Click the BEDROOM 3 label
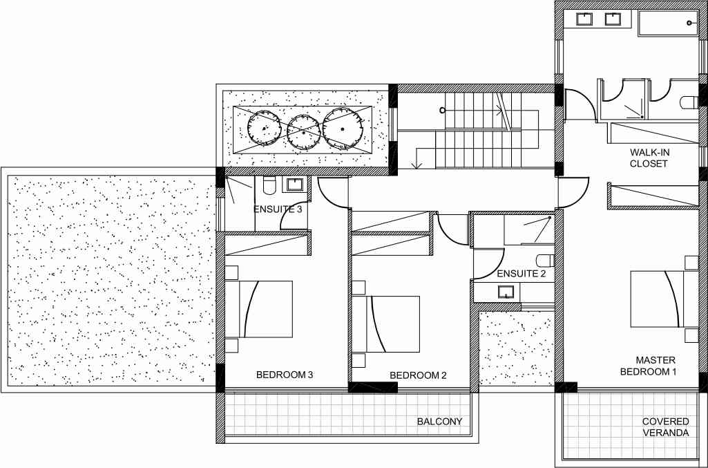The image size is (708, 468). click(x=285, y=375)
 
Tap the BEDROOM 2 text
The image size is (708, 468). click(x=418, y=375)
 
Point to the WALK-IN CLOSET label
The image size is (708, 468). click(x=649, y=158)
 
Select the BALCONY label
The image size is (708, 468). click(x=439, y=422)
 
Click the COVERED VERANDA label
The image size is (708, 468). click(x=666, y=427)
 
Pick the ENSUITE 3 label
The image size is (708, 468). click(x=277, y=209)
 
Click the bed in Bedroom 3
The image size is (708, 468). click(x=258, y=309)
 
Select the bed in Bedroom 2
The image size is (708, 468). click(x=385, y=324)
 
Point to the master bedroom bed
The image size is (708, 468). click(x=664, y=299)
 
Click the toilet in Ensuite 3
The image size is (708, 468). click(x=269, y=185)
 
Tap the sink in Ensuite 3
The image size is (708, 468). click(x=296, y=185)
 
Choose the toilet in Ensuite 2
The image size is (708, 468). click(x=546, y=261)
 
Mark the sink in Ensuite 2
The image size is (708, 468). click(x=506, y=292)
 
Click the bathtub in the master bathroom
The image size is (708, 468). click(x=668, y=23)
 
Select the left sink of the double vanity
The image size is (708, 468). click(x=584, y=19)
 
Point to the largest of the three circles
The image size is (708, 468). click(x=343, y=129)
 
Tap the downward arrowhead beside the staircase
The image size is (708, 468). click(x=417, y=165)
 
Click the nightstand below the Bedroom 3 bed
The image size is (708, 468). click(x=231, y=346)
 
